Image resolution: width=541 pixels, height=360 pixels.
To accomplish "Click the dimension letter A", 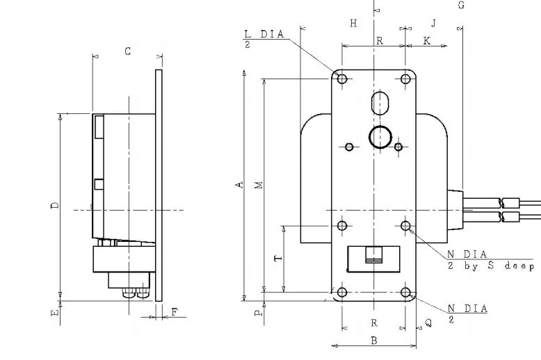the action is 239,185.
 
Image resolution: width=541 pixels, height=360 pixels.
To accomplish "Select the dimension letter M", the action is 259,185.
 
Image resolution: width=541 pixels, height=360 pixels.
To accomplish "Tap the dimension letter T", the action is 278,259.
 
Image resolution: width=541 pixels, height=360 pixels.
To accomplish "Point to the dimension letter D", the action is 55,206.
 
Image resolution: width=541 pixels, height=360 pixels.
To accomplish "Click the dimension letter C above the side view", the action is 128,51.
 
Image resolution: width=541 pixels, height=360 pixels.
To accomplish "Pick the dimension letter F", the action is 175,313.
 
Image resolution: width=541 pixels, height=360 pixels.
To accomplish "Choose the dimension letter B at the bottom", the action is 374,341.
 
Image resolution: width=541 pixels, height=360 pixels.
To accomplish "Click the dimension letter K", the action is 427,41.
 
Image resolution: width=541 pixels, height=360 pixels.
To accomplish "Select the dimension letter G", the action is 461,5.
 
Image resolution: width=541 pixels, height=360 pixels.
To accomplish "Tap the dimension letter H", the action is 353,23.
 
